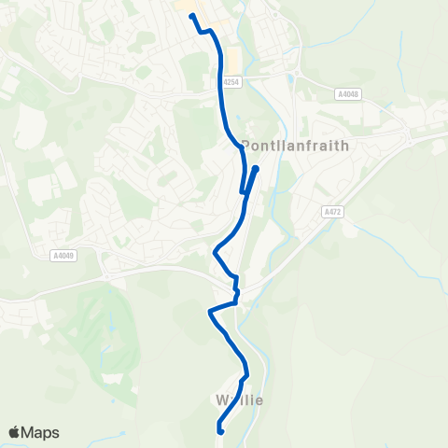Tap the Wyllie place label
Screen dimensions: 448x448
click(x=239, y=400)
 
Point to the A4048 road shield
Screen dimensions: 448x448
click(x=347, y=93)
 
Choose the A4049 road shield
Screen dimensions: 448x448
click(x=63, y=254)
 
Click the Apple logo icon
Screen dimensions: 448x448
click(x=14, y=432)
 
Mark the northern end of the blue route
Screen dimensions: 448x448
click(x=191, y=15)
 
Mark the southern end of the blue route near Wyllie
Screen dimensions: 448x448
click(x=219, y=430)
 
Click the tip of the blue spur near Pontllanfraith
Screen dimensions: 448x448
click(x=255, y=169)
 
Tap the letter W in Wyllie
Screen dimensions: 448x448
click(x=220, y=400)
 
